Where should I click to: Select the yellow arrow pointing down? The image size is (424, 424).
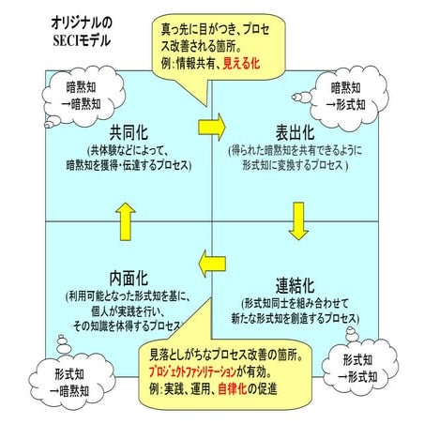click(x=298, y=219)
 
